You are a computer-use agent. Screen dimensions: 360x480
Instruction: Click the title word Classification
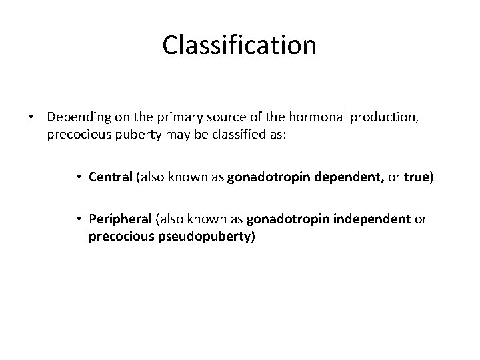(x=239, y=45)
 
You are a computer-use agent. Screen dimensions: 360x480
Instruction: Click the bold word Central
(x=111, y=177)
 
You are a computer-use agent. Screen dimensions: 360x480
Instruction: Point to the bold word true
(x=417, y=177)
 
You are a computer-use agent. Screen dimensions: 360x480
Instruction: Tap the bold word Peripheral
(x=117, y=219)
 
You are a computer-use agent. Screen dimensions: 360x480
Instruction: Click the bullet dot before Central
(x=79, y=177)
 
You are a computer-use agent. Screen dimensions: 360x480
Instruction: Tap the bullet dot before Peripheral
(x=79, y=219)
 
